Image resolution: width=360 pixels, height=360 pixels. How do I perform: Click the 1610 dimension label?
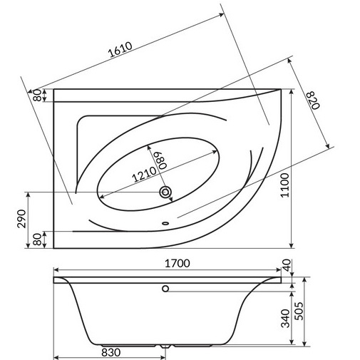tap(120, 50)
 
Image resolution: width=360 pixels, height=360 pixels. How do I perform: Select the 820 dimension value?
tap(313, 100)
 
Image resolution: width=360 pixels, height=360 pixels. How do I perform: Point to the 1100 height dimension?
tap(285, 185)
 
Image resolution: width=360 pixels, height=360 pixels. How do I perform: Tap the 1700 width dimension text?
tap(178, 264)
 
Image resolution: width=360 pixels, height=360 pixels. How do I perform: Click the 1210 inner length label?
tap(145, 174)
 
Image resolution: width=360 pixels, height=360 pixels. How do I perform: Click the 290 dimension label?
tap(22, 219)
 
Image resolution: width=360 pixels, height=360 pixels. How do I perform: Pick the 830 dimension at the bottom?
tap(110, 352)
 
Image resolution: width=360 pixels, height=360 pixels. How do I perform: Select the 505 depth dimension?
tap(299, 311)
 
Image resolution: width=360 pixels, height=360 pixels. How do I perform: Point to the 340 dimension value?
tap(286, 318)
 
